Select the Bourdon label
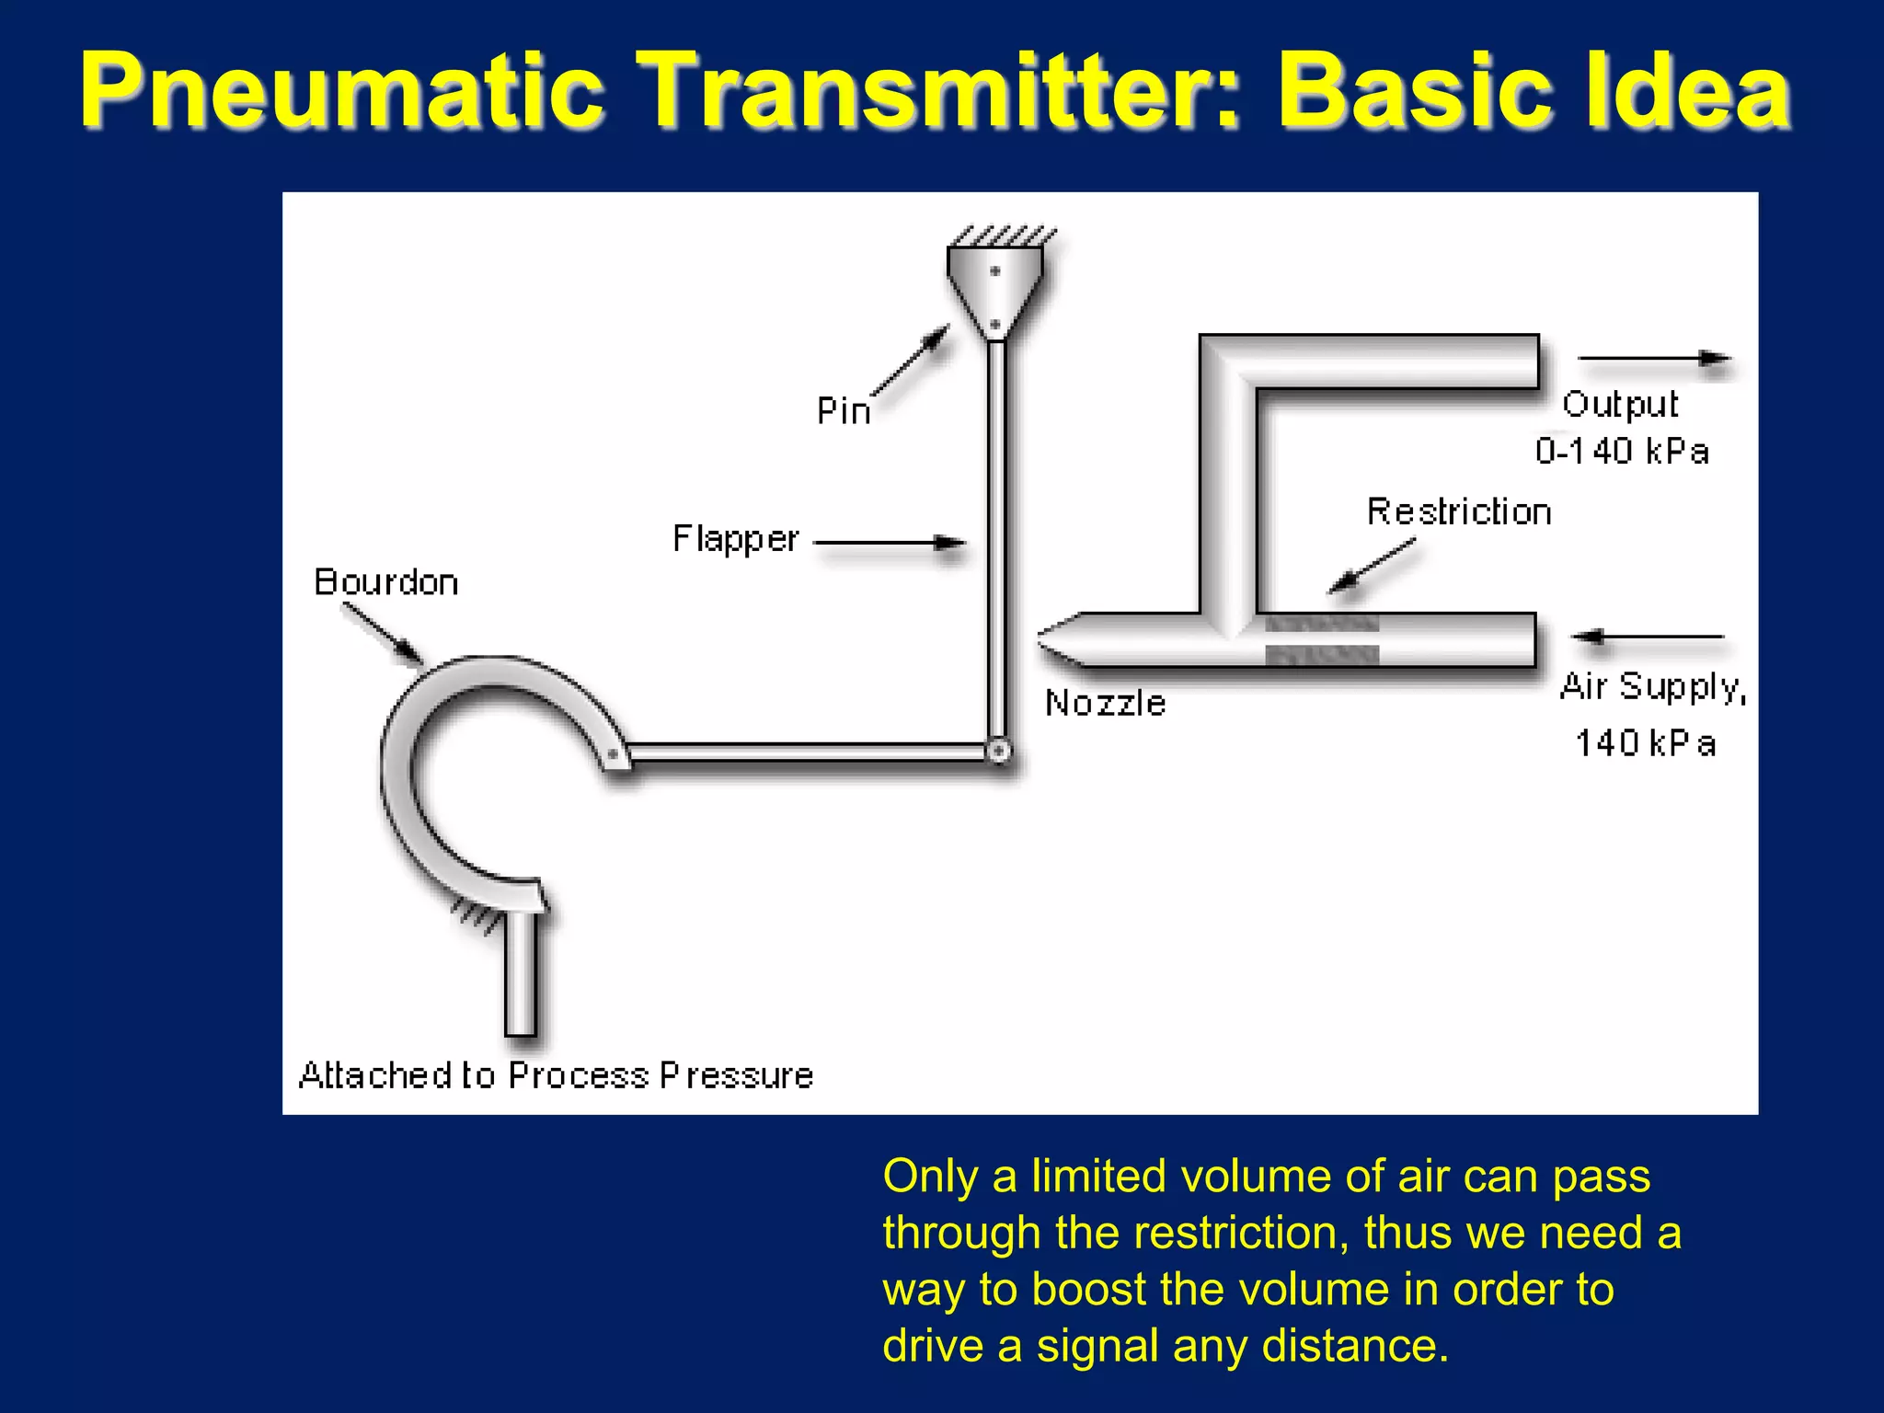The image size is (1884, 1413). coord(385,582)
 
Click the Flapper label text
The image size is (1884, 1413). coord(735,539)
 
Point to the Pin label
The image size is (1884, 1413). coord(844,410)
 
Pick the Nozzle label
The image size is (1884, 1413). coord(1105,704)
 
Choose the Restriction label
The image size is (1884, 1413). coord(1458,511)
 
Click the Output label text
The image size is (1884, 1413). coord(1620,405)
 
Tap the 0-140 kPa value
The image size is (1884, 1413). coord(1622,452)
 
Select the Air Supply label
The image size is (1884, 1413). coord(1652,687)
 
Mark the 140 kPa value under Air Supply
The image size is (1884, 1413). coord(1645,743)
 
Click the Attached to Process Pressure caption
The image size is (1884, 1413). coord(556,1075)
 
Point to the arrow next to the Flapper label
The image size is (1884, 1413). coord(890,543)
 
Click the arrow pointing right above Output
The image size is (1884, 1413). coord(1654,358)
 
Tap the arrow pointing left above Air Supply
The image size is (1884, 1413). coord(1648,637)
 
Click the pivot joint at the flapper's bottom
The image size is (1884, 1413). coord(998,752)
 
